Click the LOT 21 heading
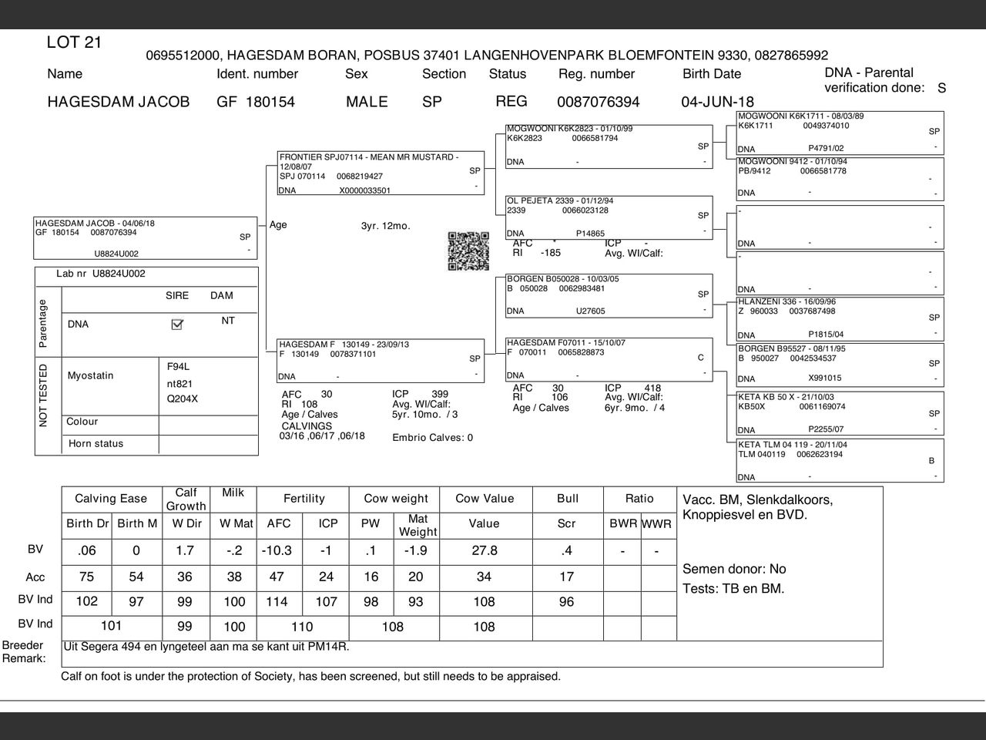(x=74, y=42)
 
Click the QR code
(x=468, y=251)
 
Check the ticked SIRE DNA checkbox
(x=177, y=325)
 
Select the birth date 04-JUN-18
(x=717, y=102)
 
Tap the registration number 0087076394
(x=598, y=102)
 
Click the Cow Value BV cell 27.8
(x=484, y=550)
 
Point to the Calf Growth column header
(x=186, y=499)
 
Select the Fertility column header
(x=304, y=499)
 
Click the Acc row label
(x=35, y=577)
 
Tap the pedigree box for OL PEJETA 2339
(x=609, y=217)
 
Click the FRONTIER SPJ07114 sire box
(x=381, y=173)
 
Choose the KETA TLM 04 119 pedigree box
(x=840, y=460)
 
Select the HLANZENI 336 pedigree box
(x=840, y=318)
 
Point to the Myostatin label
(x=90, y=376)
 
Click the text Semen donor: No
(x=734, y=569)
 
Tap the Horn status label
(x=96, y=444)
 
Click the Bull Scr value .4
(x=566, y=550)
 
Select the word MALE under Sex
(x=367, y=102)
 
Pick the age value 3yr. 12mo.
(x=385, y=226)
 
